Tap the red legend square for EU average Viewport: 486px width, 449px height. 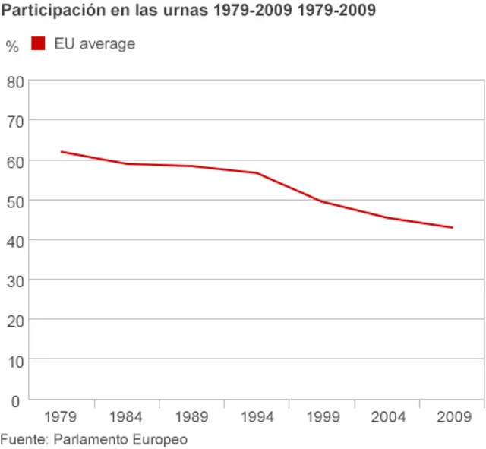pyautogui.click(x=38, y=44)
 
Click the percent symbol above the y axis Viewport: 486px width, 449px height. pyautogui.click(x=11, y=46)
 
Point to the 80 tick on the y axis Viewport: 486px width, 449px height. pyautogui.click(x=15, y=81)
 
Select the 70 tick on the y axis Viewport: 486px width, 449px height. pyautogui.click(x=15, y=121)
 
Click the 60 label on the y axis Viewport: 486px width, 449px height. pyautogui.click(x=15, y=161)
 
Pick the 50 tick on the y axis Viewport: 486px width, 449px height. pyautogui.click(x=15, y=201)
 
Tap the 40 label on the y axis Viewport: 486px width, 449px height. pyautogui.click(x=15, y=240)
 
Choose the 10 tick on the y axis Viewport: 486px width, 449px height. pyautogui.click(x=15, y=360)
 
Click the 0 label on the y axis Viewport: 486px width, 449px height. pyautogui.click(x=15, y=400)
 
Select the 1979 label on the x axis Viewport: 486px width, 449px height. pyautogui.click(x=61, y=417)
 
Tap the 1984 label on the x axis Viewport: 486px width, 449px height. pyautogui.click(x=126, y=417)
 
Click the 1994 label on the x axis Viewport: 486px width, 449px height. pyautogui.click(x=257, y=417)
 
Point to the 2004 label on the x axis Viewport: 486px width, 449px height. pyautogui.click(x=387, y=417)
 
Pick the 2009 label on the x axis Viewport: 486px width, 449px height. pyautogui.click(x=453, y=417)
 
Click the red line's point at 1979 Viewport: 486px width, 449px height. pyautogui.click(x=61, y=152)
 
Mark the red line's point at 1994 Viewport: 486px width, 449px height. pyautogui.click(x=257, y=173)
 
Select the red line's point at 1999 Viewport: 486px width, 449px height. pyautogui.click(x=322, y=201)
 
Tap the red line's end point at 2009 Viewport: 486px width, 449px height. pyautogui.click(x=453, y=227)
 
